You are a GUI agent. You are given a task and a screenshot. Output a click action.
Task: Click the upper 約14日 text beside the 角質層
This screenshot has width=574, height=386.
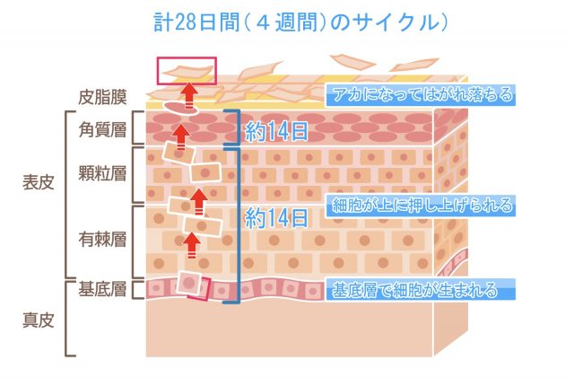coord(276,132)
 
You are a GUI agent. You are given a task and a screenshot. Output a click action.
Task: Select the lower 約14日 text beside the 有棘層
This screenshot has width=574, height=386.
coord(276,216)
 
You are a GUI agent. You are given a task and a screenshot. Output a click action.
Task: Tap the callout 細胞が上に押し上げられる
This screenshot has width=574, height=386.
coord(422,206)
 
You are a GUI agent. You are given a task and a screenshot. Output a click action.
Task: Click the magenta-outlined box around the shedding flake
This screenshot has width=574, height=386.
coord(187,71)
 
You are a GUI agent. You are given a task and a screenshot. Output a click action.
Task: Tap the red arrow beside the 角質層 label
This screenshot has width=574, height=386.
coord(182,133)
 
